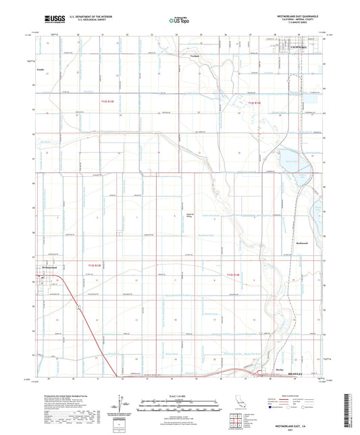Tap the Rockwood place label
(x=302, y=242)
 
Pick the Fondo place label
(x=40, y=69)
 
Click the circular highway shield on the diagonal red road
(x=78, y=308)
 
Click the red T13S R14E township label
(x=234, y=274)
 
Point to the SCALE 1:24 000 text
(x=179, y=394)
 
